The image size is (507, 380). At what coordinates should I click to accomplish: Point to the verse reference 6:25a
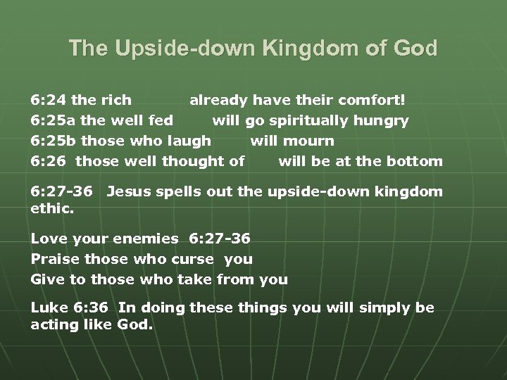(x=53, y=120)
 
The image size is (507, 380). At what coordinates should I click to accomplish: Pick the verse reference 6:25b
(x=54, y=141)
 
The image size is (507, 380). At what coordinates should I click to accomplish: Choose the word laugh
(x=189, y=141)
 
